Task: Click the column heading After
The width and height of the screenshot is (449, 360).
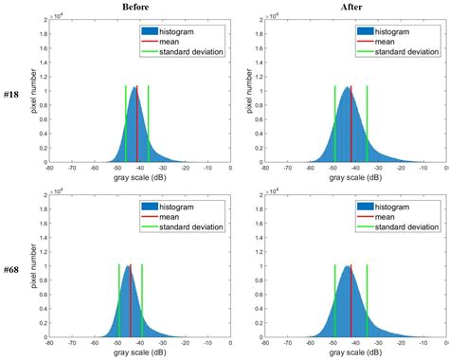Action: pyautogui.click(x=351, y=7)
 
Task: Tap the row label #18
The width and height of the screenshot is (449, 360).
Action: pyautogui.click(x=13, y=95)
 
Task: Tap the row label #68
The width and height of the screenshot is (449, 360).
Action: pyautogui.click(x=13, y=269)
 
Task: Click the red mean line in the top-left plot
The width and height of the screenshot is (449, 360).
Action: pyautogui.click(x=136, y=123)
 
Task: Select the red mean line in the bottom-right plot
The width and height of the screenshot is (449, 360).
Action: pyautogui.click(x=351, y=298)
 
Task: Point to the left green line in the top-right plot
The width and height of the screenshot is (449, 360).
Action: pyautogui.click(x=334, y=123)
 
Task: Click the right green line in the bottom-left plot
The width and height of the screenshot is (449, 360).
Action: pyautogui.click(x=142, y=298)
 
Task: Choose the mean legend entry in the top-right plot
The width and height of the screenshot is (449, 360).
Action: pyautogui.click(x=395, y=41)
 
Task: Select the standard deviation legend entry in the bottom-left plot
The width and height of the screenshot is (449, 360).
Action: pyautogui.click(x=187, y=227)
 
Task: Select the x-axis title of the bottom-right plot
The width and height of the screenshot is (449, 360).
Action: pyautogui.click(x=352, y=351)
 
